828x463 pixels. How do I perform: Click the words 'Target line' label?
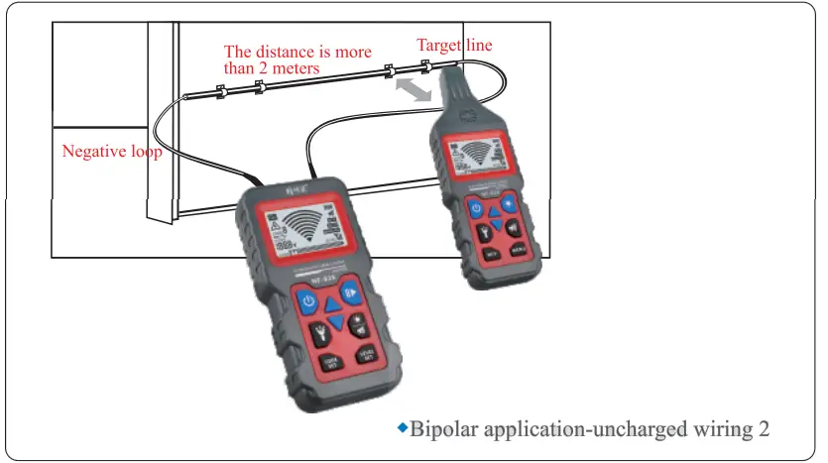tap(453, 45)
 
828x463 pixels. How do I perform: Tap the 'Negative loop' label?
tap(112, 152)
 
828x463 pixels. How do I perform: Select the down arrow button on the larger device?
tap(335, 322)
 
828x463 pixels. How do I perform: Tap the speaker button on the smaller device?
tap(513, 225)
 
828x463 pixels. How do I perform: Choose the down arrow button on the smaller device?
tap(496, 223)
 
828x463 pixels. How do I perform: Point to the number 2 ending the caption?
tap(764, 429)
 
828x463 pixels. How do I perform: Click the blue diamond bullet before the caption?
tap(403, 427)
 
